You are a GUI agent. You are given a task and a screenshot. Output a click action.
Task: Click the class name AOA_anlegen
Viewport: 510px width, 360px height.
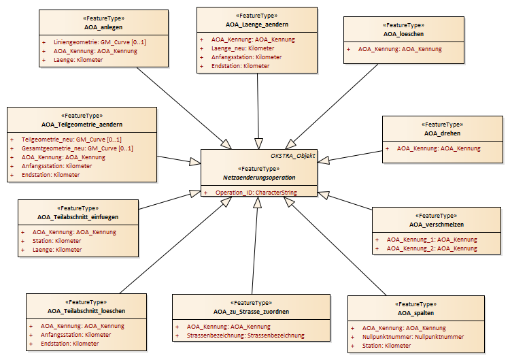coord(103,27)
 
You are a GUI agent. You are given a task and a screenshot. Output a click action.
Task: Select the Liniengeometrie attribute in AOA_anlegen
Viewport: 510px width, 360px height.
coord(100,42)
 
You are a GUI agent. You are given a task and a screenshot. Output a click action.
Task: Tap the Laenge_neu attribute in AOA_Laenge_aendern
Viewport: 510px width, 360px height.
coord(243,48)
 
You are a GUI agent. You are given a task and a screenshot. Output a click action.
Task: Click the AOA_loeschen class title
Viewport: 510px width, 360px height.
coord(403,34)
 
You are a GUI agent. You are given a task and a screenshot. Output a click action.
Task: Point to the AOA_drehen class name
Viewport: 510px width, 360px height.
coord(442,133)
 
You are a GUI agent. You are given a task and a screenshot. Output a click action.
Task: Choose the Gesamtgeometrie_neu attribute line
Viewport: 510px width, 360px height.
coord(78,148)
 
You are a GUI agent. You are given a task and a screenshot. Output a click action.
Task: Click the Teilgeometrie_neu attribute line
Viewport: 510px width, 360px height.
coord(71,140)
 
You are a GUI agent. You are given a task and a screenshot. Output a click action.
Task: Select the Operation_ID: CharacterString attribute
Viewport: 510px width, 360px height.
coord(256,193)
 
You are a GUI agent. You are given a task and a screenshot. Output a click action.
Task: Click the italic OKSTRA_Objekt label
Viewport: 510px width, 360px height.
coord(292,156)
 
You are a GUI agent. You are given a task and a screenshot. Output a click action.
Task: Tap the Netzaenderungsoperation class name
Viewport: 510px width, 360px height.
coord(259,178)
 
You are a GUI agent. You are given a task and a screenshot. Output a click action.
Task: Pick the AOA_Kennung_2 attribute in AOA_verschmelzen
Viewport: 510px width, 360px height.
coord(432,248)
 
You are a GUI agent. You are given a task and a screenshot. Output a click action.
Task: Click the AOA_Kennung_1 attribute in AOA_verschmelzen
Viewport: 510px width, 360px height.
coord(432,240)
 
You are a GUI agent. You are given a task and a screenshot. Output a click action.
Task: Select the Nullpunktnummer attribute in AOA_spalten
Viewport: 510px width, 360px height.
coord(413,337)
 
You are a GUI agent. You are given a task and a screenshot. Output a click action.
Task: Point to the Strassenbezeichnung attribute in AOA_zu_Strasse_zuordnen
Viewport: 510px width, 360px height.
coord(245,336)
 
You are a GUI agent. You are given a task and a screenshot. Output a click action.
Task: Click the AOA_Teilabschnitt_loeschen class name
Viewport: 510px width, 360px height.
coord(86,311)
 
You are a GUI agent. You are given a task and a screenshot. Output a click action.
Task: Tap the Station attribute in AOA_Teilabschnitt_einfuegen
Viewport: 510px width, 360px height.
coord(56,241)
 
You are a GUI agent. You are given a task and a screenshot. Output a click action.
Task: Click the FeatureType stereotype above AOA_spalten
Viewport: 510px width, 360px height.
coord(415,304)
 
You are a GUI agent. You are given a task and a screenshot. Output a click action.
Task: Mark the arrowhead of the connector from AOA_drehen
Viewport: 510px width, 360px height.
coord(323,160)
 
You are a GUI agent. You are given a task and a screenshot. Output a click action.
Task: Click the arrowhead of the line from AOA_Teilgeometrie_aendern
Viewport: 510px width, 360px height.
coord(195,161)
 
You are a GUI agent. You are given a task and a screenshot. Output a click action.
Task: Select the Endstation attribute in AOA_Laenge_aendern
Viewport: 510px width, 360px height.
coord(240,66)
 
